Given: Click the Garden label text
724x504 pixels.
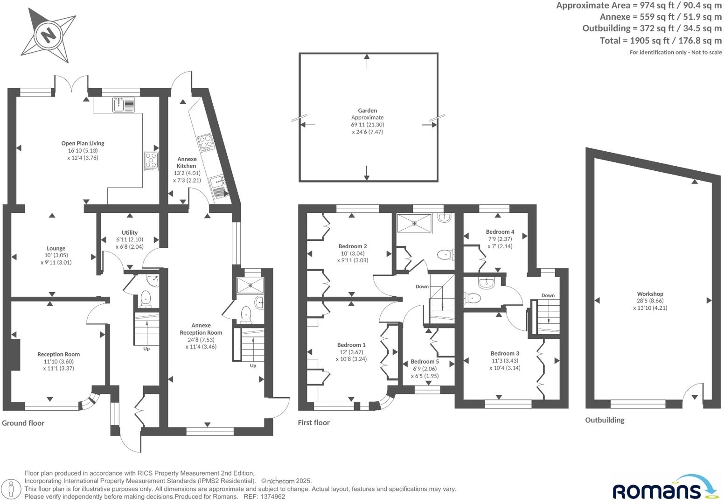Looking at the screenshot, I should (x=368, y=111).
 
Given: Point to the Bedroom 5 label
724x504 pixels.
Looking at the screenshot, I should (x=425, y=361).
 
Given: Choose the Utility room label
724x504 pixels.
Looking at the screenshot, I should (x=130, y=232).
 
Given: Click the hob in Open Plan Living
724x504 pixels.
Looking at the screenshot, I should (x=151, y=161).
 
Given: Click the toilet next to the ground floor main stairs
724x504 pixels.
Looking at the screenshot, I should (x=146, y=299).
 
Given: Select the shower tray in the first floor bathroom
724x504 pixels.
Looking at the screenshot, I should (x=414, y=223).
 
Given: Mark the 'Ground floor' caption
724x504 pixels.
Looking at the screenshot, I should (x=23, y=423).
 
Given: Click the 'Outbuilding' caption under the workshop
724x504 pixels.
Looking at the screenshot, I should (x=605, y=420).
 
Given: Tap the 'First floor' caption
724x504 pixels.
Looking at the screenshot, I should (x=314, y=422).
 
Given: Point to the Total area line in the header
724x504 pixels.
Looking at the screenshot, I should (x=661, y=41).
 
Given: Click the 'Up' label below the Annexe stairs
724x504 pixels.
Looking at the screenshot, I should (x=253, y=365).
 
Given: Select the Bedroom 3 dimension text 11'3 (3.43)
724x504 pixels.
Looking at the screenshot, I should (x=505, y=361).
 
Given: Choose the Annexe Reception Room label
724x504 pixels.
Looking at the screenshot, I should (x=201, y=329).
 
